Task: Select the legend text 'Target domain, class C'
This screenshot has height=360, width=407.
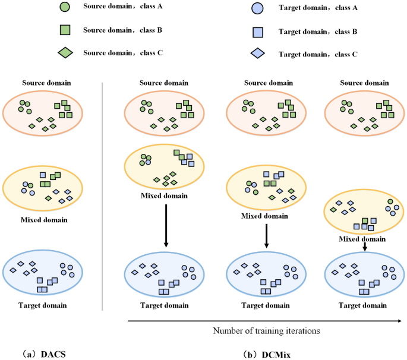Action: (x=317, y=54)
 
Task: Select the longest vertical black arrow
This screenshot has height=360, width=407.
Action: (x=166, y=226)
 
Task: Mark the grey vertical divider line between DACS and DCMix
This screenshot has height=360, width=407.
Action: (x=103, y=196)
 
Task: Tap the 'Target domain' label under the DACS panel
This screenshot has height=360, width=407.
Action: (x=44, y=305)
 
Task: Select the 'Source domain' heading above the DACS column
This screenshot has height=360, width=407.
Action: (x=44, y=83)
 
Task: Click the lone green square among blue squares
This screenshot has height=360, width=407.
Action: (x=365, y=221)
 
